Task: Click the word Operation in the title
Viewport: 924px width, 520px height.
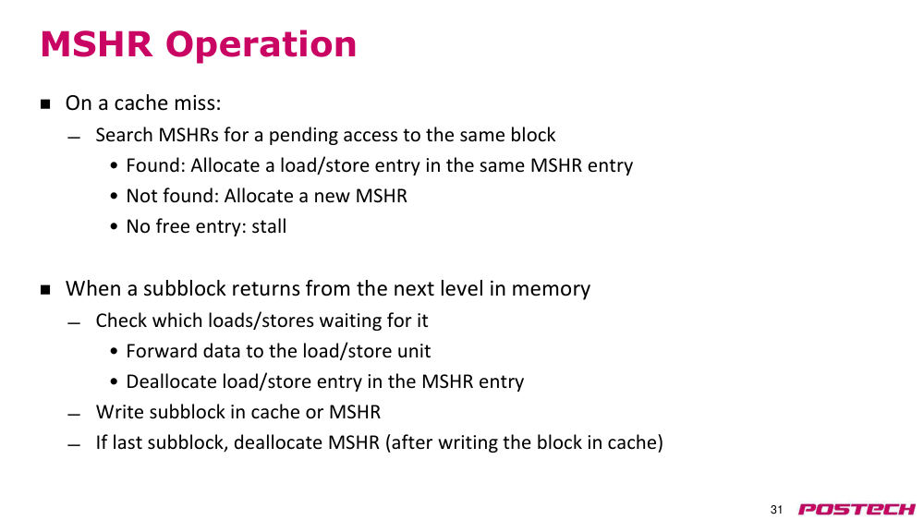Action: coord(261,45)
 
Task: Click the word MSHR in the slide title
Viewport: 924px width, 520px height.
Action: coord(97,43)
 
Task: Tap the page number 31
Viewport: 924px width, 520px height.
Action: coord(776,510)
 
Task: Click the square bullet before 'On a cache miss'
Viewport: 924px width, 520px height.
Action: coord(45,104)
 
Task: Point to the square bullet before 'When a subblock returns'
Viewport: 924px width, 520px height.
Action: coord(45,290)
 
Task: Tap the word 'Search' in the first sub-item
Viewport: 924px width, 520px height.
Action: coord(125,135)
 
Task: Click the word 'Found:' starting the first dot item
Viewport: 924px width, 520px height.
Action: coord(156,165)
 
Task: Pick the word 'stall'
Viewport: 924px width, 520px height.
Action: coord(269,226)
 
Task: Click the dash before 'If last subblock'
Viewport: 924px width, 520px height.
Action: coord(73,445)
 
